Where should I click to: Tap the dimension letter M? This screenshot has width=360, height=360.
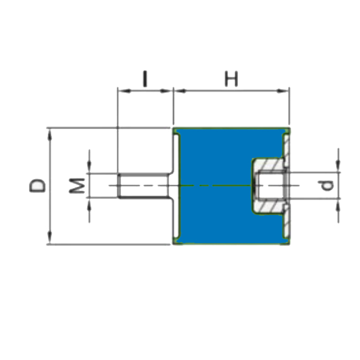pyautogui.click(x=77, y=185)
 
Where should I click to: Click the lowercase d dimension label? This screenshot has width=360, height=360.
pyautogui.click(x=328, y=185)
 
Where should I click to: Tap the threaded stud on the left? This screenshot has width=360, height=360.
pyautogui.click(x=144, y=185)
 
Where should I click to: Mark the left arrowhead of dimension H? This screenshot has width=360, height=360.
pyautogui.click(x=178, y=91)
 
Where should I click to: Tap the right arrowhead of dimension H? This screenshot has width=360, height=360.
pyautogui.click(x=284, y=91)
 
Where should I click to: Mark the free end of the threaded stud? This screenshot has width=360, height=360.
pyautogui.click(x=119, y=185)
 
